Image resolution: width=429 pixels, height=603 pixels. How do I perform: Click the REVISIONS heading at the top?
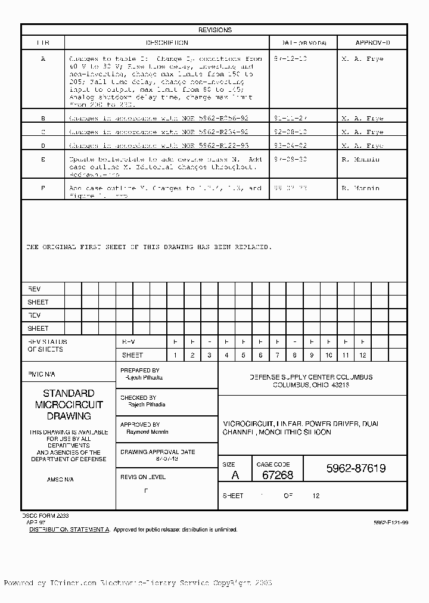pos(214,30)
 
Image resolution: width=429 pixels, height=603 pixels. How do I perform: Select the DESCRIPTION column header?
pos(167,43)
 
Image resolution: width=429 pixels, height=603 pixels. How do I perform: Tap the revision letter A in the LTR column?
pos(43,59)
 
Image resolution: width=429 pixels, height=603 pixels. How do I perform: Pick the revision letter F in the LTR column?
pos(43,188)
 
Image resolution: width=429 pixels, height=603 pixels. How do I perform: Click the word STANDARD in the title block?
pos(69,393)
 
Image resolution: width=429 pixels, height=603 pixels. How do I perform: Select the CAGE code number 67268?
pos(278,475)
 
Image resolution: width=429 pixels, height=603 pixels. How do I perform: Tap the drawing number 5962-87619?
pos(356,469)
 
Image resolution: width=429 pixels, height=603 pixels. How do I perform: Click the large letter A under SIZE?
pos(235,475)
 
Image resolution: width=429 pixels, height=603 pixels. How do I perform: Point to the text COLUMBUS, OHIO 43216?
pos(310,386)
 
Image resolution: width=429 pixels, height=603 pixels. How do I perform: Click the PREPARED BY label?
pos(140,371)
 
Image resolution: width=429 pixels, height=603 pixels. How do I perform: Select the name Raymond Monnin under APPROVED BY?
pos(148,432)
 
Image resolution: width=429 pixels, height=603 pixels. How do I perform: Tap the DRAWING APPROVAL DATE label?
pos(158,452)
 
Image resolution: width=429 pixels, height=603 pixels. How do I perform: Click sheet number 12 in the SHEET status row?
pos(362,355)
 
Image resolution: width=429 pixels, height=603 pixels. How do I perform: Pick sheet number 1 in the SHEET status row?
pos(175,355)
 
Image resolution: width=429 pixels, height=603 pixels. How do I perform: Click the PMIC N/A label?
pos(41,374)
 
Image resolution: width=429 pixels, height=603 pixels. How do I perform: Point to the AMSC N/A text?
pos(60,480)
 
